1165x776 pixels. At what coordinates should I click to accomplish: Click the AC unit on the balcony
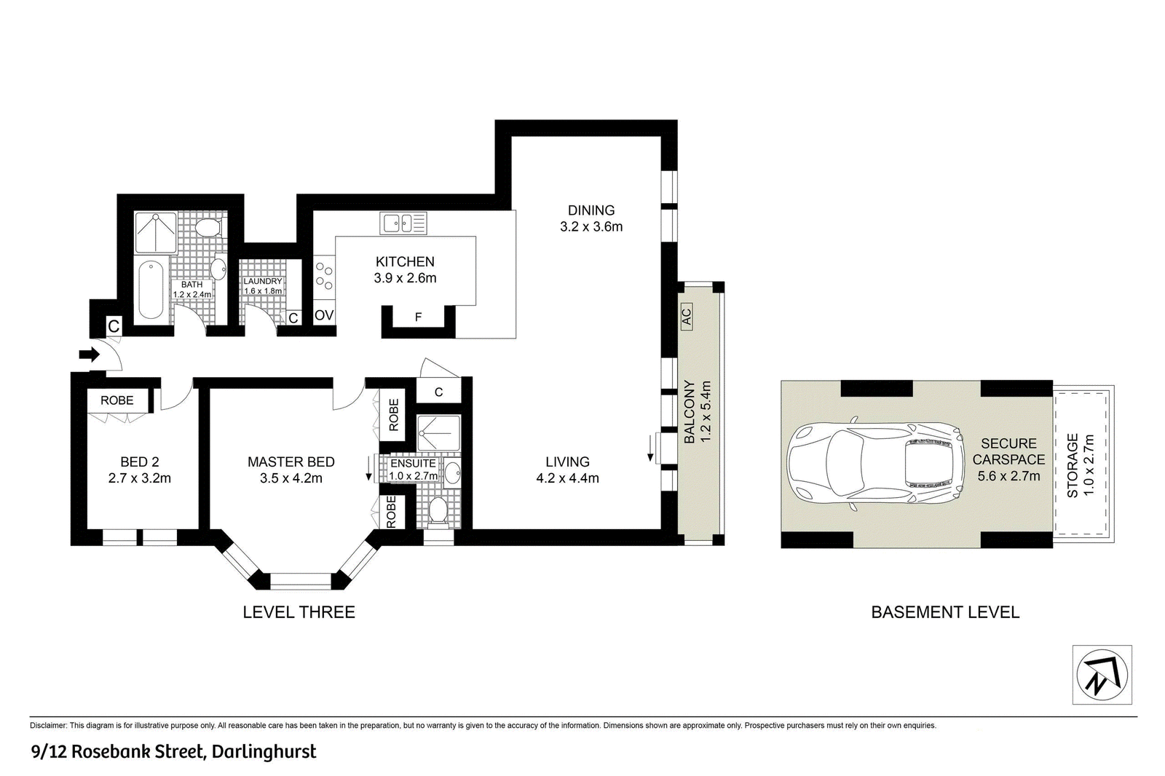pos(687,316)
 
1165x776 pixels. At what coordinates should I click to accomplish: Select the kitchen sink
pos(403,223)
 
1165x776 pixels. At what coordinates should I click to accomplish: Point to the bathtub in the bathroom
pos(151,289)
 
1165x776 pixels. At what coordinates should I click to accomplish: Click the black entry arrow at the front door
pos(89,355)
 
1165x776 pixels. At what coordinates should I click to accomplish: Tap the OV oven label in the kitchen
pos(323,315)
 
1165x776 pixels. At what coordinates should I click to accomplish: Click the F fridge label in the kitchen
pos(418,317)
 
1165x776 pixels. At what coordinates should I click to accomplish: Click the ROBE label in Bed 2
pos(117,400)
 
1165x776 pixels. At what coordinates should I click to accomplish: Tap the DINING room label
pos(591,210)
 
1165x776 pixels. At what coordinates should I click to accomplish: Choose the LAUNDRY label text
pos(263,282)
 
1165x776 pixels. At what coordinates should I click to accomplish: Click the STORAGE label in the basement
pos(1073,466)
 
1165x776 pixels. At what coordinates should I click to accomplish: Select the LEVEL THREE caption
pos(299,612)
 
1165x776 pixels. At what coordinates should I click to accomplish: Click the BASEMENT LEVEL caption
pos(946,612)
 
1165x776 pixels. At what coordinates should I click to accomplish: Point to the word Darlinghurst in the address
pos(264,752)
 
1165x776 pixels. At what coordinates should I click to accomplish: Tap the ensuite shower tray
pos(438,432)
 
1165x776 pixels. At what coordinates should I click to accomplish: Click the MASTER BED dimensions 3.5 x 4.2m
pos(291,478)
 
